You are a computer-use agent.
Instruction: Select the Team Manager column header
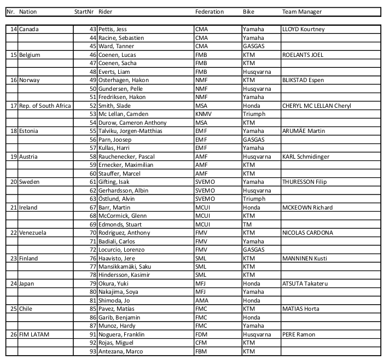(302, 11)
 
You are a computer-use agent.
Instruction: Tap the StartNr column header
(84, 11)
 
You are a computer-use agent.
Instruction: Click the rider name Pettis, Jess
(112, 30)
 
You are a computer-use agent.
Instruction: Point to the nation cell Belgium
(30, 55)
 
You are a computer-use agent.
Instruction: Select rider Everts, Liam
(114, 72)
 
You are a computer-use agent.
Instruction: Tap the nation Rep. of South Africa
(45, 106)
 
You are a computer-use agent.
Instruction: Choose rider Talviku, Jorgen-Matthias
(131, 131)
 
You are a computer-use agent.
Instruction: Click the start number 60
(92, 173)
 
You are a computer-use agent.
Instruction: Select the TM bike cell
(247, 224)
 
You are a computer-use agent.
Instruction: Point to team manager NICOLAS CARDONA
(307, 233)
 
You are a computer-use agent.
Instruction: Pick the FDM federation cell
(201, 334)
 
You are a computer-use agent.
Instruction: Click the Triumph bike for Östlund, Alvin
(253, 199)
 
